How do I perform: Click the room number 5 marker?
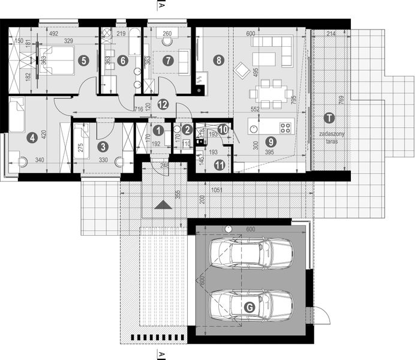83,60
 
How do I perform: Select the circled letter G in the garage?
250,307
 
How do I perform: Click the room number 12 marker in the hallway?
162,104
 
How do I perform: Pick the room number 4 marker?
32,137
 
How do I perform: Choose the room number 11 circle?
219,164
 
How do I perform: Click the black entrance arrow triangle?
162,205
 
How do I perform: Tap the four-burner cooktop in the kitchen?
286,127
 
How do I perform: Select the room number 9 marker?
270,142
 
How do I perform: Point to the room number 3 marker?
103,146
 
